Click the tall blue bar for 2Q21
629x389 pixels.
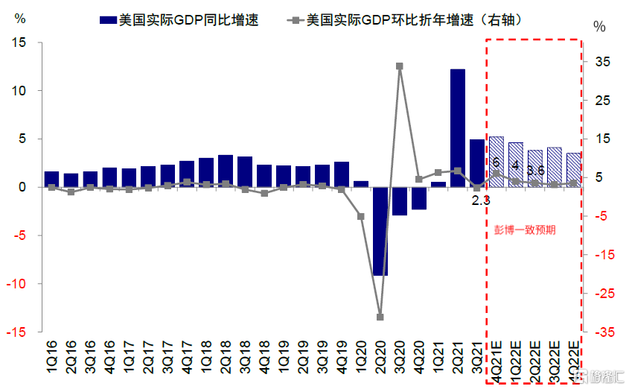[x=458, y=127]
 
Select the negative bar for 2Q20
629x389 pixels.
[x=380, y=231]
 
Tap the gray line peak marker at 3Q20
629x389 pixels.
[x=400, y=66]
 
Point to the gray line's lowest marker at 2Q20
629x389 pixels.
[x=380, y=317]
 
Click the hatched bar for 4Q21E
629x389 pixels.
[x=497, y=162]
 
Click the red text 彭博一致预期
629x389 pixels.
[x=525, y=230]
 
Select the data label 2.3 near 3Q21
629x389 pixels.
[x=481, y=200]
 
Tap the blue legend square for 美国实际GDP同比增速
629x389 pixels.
[x=107, y=20]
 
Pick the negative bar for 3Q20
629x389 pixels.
[x=400, y=201]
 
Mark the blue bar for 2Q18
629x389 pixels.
[x=226, y=171]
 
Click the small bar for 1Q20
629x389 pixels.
[x=361, y=183]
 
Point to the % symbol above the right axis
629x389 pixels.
[x=600, y=27]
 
